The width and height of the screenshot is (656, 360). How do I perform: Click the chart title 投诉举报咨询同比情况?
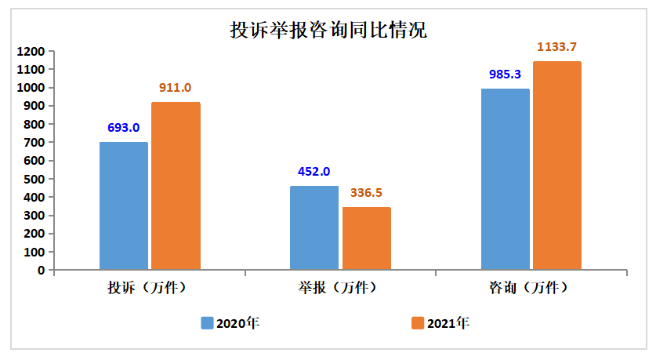pos(328,31)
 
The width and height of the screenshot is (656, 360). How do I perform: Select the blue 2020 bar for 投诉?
pos(124,206)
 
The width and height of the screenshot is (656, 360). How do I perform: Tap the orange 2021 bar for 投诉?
pos(176,187)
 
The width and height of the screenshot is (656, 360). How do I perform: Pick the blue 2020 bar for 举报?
pos(314,228)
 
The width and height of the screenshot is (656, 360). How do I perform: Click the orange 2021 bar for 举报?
pos(366,238)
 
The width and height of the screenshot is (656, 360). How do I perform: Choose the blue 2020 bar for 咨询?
pos(505,180)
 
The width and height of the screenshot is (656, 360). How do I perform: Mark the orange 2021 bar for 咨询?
pos(557,166)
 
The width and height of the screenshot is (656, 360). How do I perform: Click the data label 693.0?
pos(123,128)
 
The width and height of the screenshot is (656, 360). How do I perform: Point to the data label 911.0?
pos(175,88)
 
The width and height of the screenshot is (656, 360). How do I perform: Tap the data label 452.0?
pos(314,172)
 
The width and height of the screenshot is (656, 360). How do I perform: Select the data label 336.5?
pos(366,193)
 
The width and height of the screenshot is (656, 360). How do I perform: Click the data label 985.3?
pos(505,75)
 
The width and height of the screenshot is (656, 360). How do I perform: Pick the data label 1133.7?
pos(557,47)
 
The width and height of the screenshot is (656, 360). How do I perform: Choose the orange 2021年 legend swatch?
pos(417,323)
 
